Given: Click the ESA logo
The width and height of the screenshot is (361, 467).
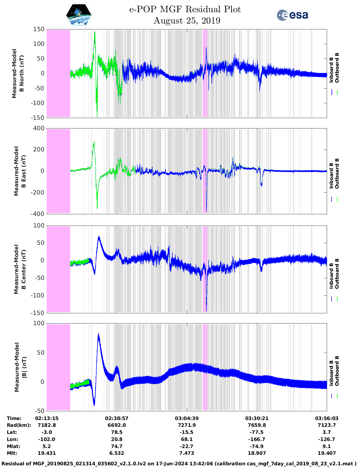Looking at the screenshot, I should click(x=292, y=15).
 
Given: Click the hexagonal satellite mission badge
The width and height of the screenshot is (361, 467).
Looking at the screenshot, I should click(x=79, y=15).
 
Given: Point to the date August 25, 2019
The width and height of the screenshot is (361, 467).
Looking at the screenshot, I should click(x=187, y=21).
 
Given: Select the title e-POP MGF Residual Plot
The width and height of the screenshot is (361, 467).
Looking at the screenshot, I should click(x=185, y=9).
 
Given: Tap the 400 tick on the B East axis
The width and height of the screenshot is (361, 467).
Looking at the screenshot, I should click(x=39, y=128).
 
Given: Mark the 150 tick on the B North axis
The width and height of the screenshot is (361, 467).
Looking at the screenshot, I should click(x=39, y=29).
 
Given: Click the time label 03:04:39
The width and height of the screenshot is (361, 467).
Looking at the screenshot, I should click(x=187, y=418).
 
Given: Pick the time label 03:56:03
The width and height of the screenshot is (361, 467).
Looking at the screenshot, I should click(x=326, y=418).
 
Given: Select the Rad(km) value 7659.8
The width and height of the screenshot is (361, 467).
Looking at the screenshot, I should click(x=257, y=425).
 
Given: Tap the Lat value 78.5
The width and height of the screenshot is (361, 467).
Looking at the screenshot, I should click(x=117, y=432).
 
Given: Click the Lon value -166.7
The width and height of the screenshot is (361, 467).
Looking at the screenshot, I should click(x=257, y=439).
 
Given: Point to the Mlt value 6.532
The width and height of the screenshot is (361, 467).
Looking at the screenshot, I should click(x=117, y=453).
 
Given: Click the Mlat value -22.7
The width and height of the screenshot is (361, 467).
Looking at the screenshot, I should click(x=187, y=446).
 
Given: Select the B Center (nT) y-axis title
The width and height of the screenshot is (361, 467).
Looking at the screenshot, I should click(x=20, y=269).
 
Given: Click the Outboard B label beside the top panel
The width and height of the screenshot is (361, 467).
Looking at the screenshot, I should click(x=337, y=68).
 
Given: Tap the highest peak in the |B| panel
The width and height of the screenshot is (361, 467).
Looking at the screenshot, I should click(x=99, y=334).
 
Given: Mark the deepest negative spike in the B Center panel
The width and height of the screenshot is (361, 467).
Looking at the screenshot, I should click(x=206, y=311).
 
